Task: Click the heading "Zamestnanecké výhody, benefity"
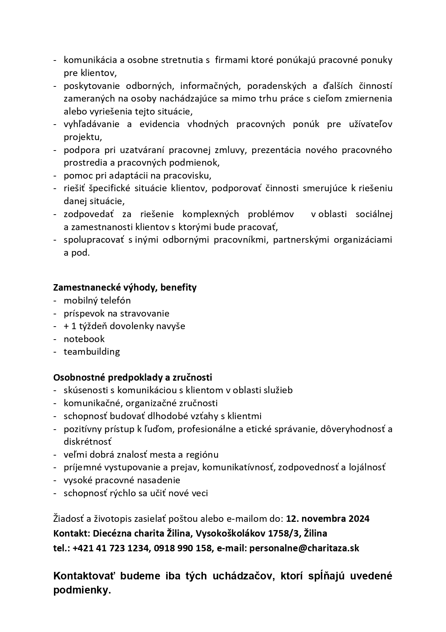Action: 125,287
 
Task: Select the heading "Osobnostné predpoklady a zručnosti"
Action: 132,377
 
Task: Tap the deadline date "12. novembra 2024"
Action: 328,519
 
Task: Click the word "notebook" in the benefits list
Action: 84,339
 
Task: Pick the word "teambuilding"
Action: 92,351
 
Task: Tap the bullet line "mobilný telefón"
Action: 97,300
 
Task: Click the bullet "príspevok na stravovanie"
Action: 116,313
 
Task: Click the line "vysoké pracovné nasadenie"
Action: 122,480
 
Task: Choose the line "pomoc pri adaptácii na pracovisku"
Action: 137,175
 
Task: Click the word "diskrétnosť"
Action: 87,441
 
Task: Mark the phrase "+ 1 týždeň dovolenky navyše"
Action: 124,326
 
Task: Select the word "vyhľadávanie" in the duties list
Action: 91,124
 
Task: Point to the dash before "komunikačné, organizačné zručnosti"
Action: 55,403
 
